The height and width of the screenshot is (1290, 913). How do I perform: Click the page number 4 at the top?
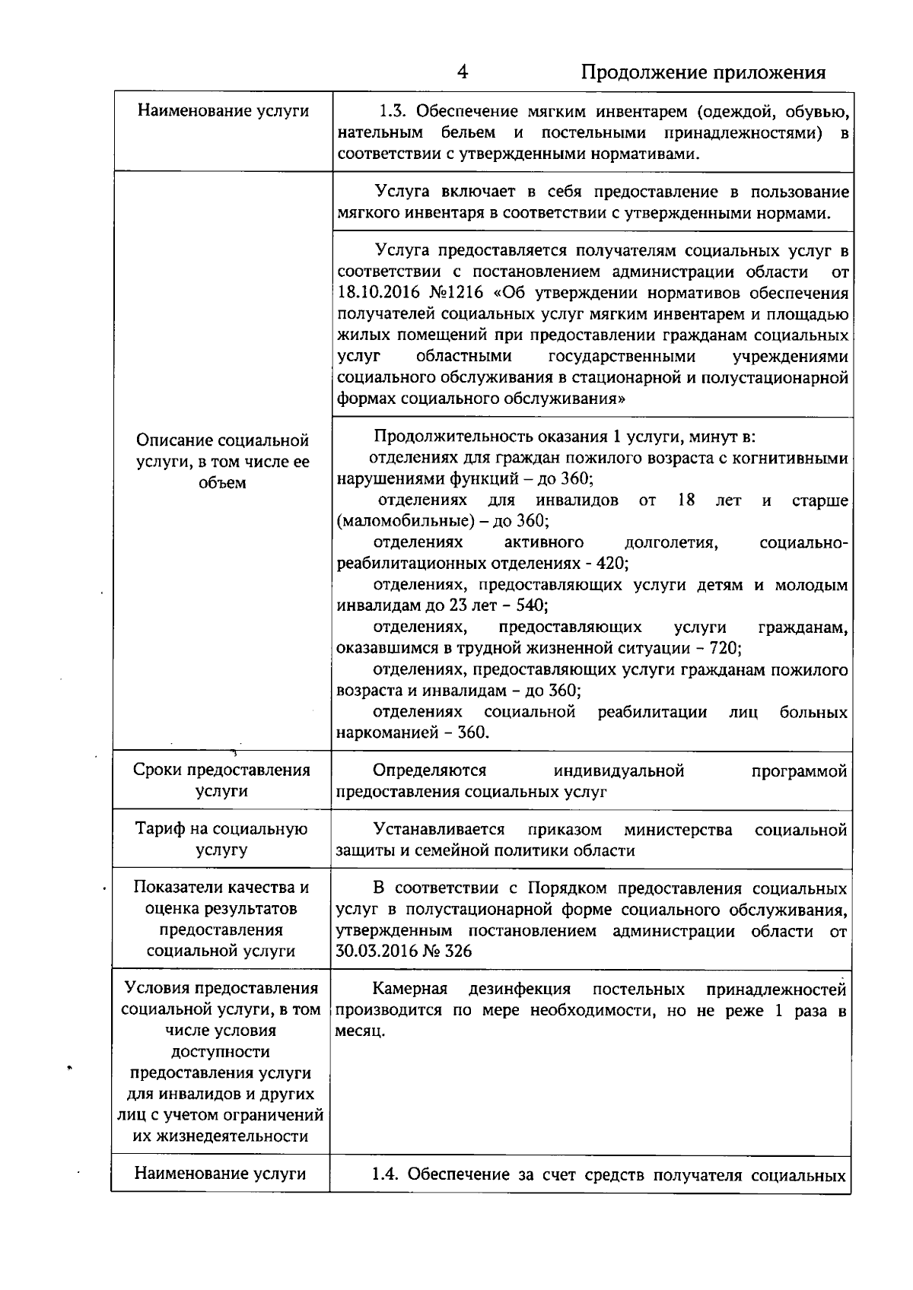point(463,71)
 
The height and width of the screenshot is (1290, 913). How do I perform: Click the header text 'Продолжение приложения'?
point(703,72)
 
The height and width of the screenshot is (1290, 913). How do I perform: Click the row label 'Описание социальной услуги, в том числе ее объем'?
point(222,461)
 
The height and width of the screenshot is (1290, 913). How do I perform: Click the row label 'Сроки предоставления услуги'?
point(221,780)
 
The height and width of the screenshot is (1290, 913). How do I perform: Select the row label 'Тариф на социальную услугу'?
point(221,840)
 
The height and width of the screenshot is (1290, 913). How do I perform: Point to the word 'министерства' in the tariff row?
point(678,830)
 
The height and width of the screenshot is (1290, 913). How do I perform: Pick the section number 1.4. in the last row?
point(386,1174)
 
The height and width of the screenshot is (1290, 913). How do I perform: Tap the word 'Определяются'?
point(430,771)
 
